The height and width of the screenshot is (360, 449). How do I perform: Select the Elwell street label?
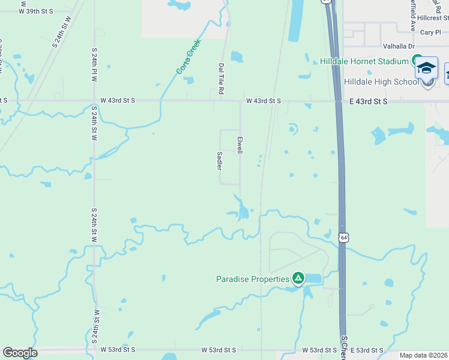pos(240,145)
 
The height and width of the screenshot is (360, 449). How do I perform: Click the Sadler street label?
pos(219,160)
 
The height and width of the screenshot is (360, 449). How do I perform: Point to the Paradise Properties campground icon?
pos(298,278)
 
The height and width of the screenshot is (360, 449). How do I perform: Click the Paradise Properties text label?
pos(253,278)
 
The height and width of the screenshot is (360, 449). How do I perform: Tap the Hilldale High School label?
pos(381,82)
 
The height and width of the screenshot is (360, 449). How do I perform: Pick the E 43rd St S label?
pos(369,102)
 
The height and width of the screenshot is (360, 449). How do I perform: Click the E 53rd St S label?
pos(367,350)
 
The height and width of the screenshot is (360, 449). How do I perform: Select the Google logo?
pos(20,353)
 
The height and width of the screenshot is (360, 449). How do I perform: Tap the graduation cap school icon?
pos(427,67)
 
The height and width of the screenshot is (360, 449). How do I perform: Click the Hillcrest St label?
pos(433,19)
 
